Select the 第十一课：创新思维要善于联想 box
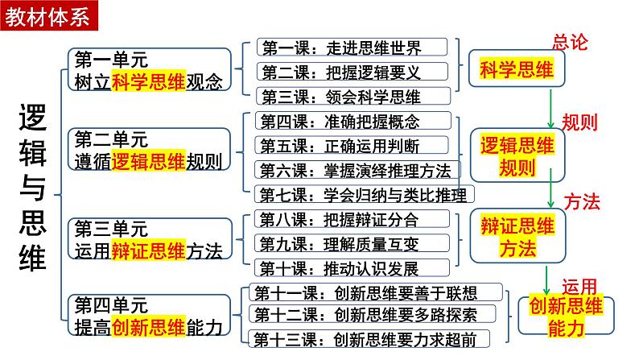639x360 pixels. coord(377,292)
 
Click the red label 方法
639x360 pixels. coord(581,201)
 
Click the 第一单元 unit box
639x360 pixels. coord(151,70)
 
